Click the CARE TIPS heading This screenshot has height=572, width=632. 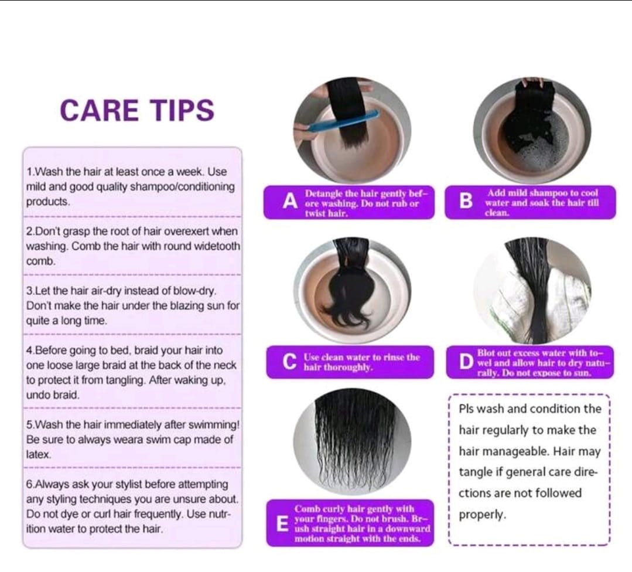[x=137, y=110]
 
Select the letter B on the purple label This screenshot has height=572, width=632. [x=466, y=202]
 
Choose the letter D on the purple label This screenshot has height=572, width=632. [x=466, y=362]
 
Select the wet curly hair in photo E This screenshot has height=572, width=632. [x=351, y=437]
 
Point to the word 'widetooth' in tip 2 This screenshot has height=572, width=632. [x=218, y=247]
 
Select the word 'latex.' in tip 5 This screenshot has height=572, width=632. [x=39, y=454]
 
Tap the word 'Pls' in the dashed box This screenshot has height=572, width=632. [x=469, y=408]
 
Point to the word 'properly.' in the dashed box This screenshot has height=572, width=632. [x=481, y=515]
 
